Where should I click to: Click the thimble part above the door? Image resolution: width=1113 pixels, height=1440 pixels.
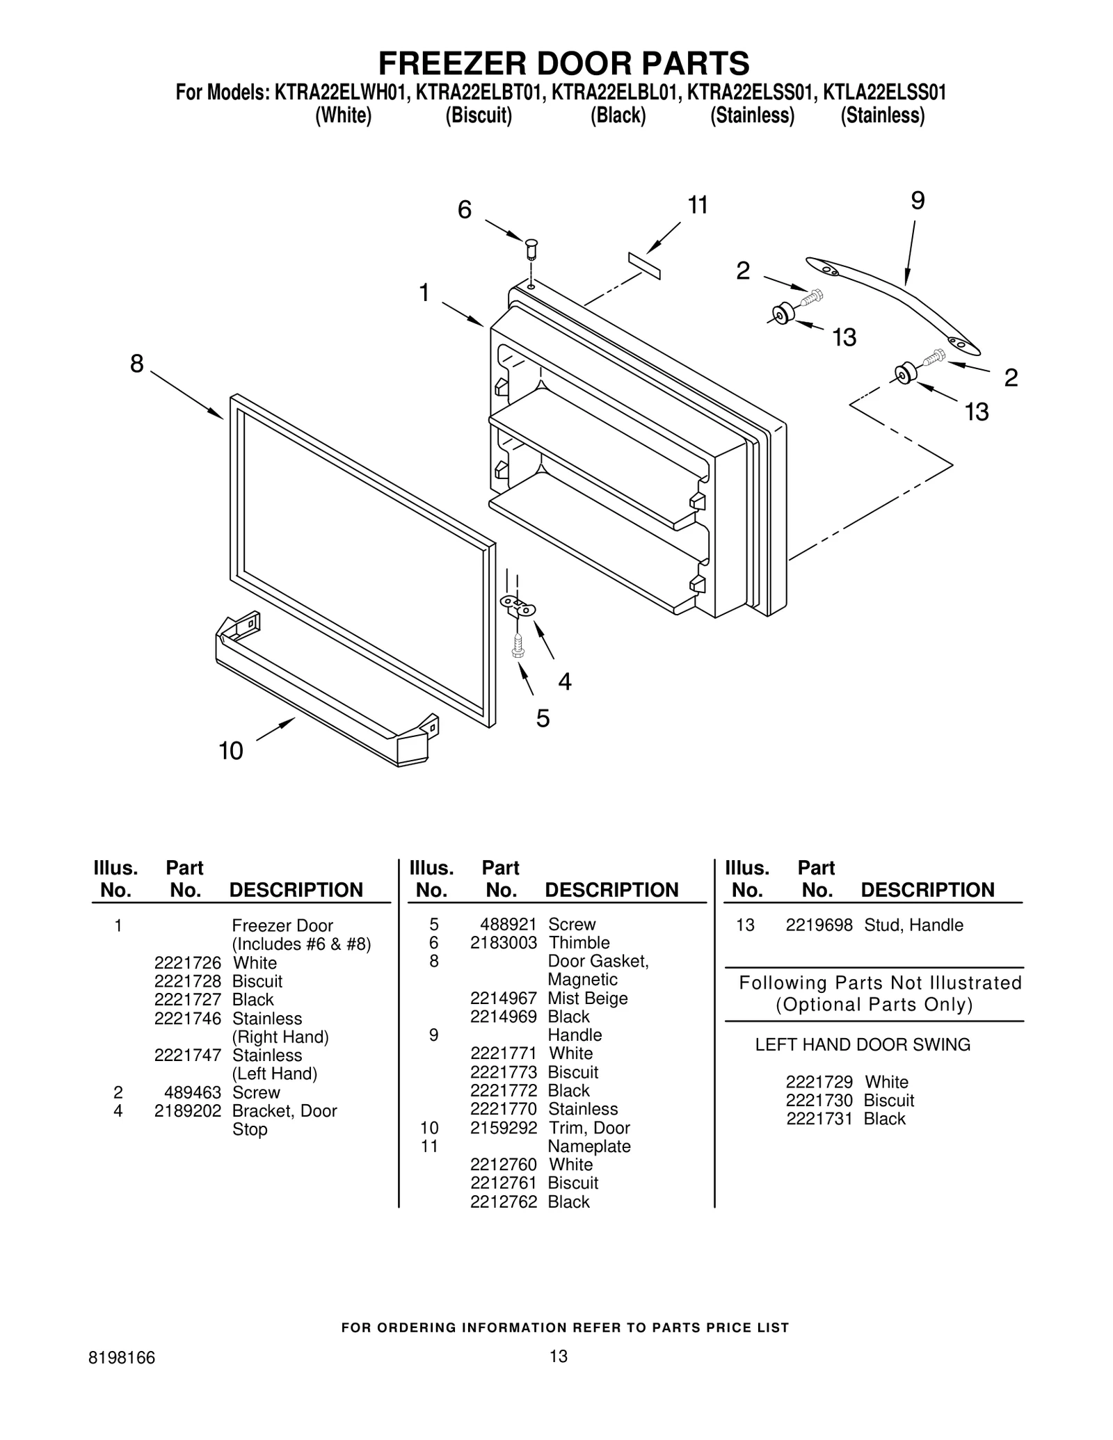pos(532,247)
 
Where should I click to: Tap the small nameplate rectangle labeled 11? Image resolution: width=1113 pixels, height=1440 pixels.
pos(644,266)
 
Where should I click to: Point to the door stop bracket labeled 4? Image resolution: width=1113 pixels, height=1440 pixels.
pos(518,606)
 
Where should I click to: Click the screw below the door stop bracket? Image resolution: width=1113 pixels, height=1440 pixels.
pos(516,645)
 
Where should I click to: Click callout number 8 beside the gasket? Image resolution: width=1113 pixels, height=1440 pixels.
pos(137,363)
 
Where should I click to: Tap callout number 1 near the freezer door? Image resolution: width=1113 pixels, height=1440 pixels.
pos(424,293)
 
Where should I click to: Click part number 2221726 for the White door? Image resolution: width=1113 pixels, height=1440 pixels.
pos(187,963)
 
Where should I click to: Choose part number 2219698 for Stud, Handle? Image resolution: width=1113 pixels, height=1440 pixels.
pos(819,925)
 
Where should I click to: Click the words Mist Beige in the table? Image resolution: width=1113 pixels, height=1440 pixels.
pos(588,998)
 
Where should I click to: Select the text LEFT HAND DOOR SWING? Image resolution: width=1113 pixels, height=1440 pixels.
pos(863,1045)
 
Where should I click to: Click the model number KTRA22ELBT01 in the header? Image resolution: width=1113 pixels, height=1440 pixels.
pos(478,92)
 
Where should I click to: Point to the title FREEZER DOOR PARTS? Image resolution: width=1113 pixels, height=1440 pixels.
pos(563,63)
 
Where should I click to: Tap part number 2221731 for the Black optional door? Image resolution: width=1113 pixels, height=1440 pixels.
pos(819,1119)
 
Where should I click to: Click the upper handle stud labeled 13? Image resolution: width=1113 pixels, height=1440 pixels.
pos(783,314)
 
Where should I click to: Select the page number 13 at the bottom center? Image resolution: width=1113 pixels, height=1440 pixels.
pos(558,1356)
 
